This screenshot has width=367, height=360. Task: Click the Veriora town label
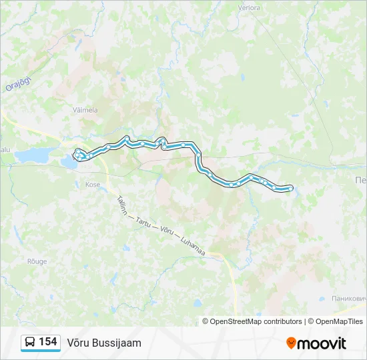tap(248, 9)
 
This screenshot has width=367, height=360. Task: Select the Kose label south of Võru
tap(93, 184)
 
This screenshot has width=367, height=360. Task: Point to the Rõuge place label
tap(37, 261)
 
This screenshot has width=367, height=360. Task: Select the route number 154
tap(47, 342)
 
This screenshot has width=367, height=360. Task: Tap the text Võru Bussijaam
tap(104, 343)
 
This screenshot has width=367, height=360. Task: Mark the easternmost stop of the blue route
tap(290, 189)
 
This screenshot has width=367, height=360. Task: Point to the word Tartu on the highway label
tap(143, 221)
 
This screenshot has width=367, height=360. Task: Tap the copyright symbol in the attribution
tap(206, 321)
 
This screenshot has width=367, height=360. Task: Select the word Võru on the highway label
tap(165, 231)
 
